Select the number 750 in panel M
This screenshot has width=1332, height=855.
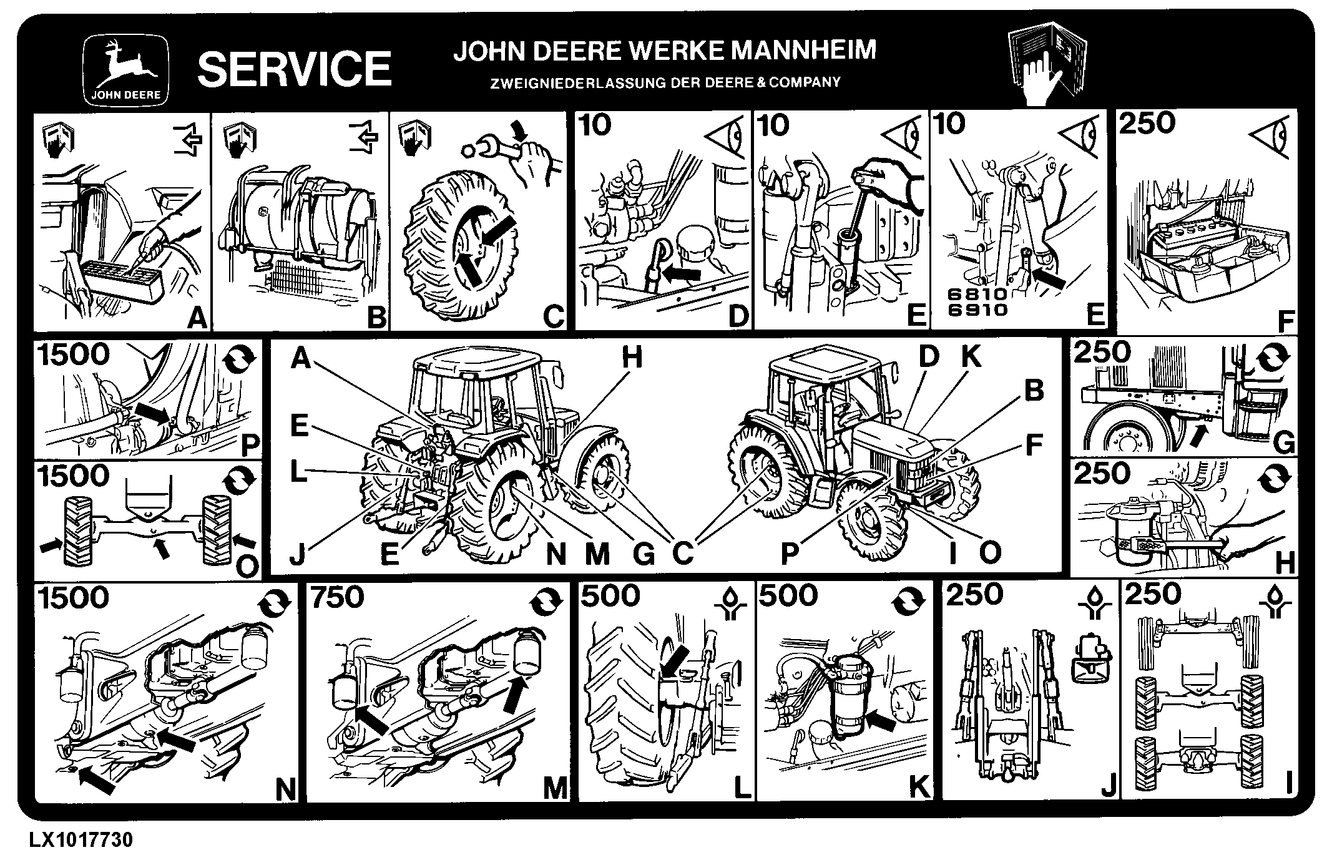click(x=338, y=597)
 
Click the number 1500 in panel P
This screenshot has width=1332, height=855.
click(x=73, y=354)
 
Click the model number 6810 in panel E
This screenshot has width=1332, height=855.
click(x=977, y=294)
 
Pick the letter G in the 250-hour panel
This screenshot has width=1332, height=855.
click(x=1283, y=443)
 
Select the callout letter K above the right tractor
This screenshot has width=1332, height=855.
click(x=971, y=356)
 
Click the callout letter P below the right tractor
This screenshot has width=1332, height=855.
click(x=790, y=553)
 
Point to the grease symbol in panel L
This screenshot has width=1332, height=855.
click(x=732, y=605)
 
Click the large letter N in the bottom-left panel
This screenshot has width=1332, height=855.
click(x=285, y=791)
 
